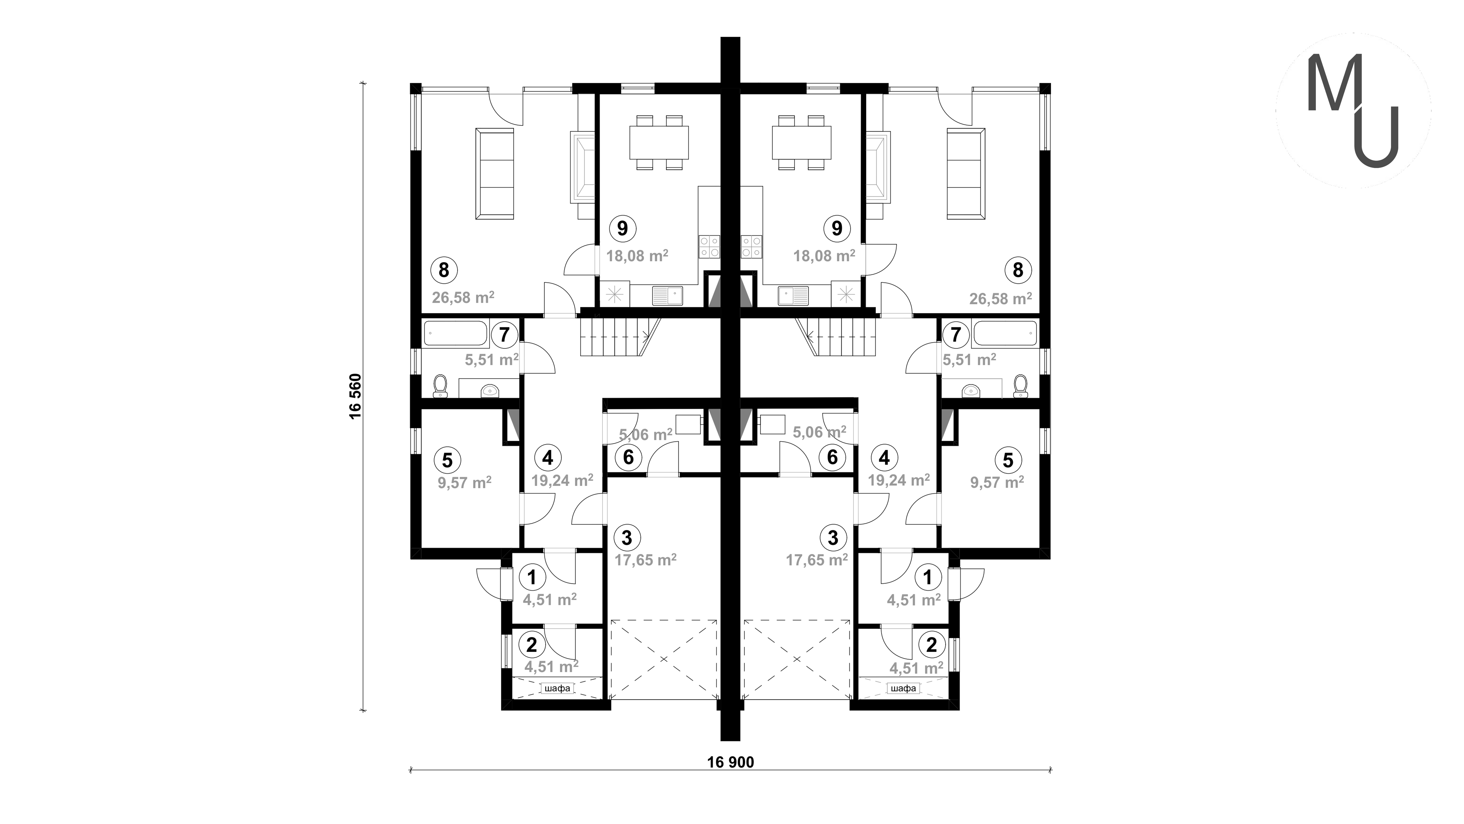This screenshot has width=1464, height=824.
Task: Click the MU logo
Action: point(1353,111)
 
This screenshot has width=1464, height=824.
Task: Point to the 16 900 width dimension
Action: point(730,762)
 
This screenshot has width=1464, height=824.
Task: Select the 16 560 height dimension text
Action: point(356,396)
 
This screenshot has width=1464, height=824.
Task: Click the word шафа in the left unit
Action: point(557,688)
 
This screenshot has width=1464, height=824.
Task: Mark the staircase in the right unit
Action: point(836,337)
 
